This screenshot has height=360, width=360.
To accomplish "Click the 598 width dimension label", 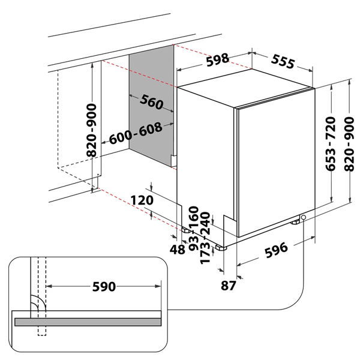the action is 217,60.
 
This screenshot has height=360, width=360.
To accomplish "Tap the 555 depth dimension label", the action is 283,62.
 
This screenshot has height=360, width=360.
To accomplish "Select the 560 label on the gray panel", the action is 152,102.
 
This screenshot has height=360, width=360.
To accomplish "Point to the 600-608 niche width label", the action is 136,133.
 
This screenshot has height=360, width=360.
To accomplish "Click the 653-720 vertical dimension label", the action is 331,144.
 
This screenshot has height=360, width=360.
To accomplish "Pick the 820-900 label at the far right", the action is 349,144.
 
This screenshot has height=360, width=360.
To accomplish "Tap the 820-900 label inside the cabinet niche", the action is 91,130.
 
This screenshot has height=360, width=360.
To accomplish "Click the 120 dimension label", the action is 142,200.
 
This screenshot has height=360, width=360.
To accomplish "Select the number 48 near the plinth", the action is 177,250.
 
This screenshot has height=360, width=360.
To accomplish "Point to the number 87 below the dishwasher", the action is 228,286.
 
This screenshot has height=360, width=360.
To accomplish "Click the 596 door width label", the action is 276,250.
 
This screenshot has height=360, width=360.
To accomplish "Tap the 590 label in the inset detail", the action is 104,287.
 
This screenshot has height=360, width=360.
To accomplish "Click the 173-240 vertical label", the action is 205,238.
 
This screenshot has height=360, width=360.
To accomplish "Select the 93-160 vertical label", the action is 193,228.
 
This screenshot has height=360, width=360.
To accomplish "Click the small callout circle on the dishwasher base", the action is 303,217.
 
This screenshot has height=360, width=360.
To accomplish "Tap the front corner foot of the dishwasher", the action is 221,247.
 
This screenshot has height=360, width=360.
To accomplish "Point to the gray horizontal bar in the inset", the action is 88,322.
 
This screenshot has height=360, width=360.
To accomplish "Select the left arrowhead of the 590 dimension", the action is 49,286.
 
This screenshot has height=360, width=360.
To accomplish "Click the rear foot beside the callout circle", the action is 295,222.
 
